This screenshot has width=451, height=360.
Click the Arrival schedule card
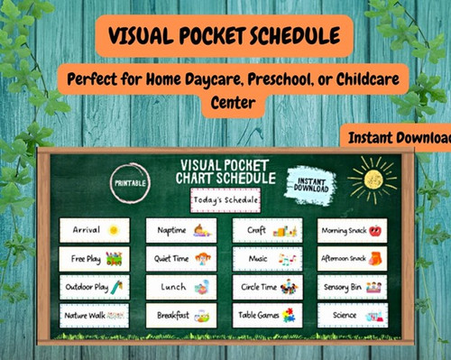95,230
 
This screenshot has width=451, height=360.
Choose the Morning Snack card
352,230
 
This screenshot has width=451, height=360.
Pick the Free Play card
95,259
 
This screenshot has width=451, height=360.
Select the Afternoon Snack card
352,259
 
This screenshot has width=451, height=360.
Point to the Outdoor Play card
95,287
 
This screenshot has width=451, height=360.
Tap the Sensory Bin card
352,287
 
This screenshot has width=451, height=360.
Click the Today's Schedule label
225,198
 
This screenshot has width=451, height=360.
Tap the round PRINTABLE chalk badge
127,181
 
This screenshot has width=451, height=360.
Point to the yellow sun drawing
373,176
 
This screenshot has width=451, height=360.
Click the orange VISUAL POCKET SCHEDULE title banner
224,36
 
